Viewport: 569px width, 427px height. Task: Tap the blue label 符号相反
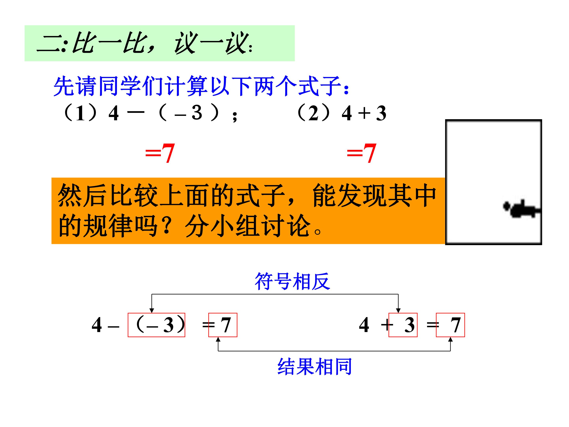(292, 281)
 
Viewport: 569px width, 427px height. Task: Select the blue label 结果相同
(315, 367)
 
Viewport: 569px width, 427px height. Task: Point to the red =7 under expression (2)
(361, 153)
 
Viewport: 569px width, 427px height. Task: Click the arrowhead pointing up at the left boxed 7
(218, 340)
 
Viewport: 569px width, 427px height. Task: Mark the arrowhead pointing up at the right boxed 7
(450, 340)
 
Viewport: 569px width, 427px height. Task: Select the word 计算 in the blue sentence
(187, 86)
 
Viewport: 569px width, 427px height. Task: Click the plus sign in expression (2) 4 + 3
(364, 113)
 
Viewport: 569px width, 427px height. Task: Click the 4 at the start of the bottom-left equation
(97, 325)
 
